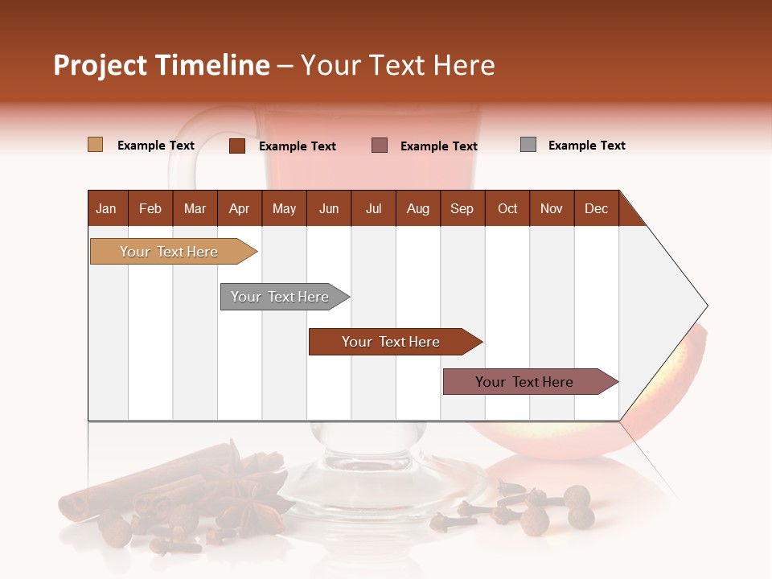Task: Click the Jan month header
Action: tap(106, 209)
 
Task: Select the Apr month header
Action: tap(240, 209)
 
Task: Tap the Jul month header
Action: tap(373, 209)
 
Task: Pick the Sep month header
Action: tap(462, 209)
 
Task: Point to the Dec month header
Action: tap(596, 209)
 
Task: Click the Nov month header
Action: tap(551, 209)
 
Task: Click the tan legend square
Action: tap(95, 145)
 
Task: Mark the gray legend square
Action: tap(528, 145)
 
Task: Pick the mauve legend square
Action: tap(380, 146)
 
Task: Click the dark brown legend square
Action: tap(236, 146)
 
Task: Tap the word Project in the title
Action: tap(100, 65)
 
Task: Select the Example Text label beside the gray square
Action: tap(586, 146)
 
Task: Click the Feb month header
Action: tap(150, 209)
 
